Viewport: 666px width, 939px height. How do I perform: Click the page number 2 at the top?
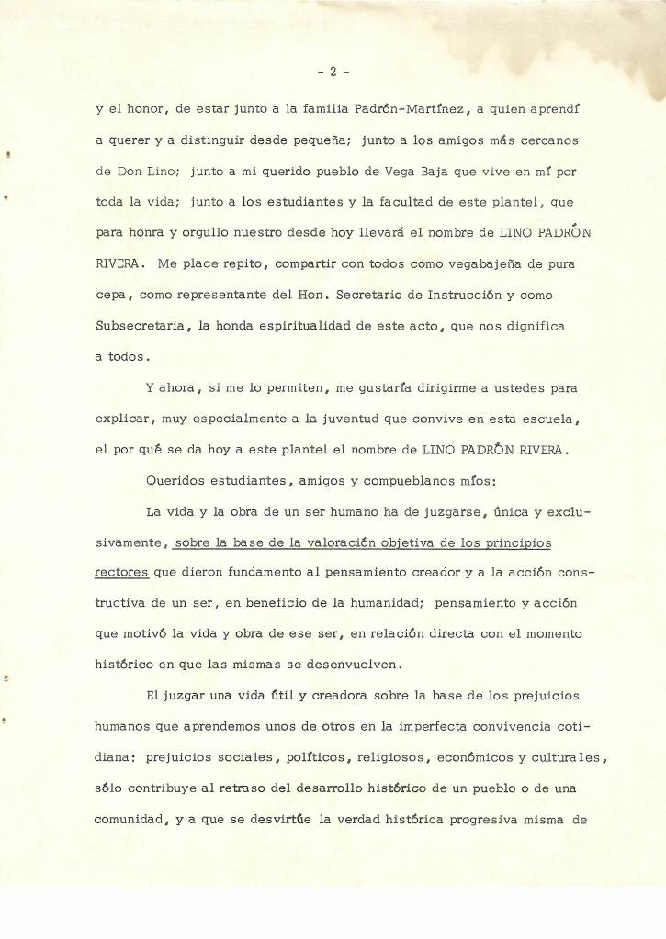click(333, 70)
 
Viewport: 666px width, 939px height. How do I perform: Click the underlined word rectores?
click(121, 572)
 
